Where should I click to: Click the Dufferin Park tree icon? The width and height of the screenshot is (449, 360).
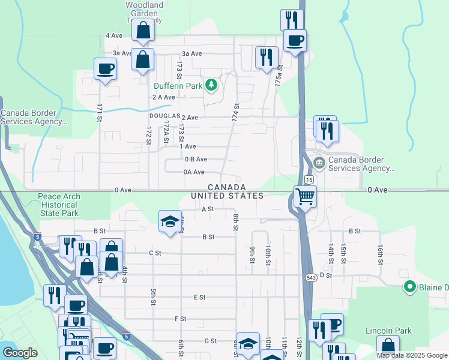211,86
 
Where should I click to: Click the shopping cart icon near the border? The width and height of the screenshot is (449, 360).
305,196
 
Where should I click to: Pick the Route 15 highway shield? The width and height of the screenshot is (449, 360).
309,180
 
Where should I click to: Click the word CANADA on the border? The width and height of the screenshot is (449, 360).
228,188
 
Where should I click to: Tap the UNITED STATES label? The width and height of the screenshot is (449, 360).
228,196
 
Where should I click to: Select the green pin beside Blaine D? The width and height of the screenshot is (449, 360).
410,287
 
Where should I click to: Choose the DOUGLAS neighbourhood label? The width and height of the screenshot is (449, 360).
164,116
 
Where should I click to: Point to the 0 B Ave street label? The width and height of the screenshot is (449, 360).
196,159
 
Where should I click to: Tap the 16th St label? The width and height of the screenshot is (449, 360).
381,254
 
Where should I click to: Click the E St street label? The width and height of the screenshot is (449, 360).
200,298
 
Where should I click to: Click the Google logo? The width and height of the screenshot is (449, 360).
20,353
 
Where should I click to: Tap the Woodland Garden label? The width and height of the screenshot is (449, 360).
144,8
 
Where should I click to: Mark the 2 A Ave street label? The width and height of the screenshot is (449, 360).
163,97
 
